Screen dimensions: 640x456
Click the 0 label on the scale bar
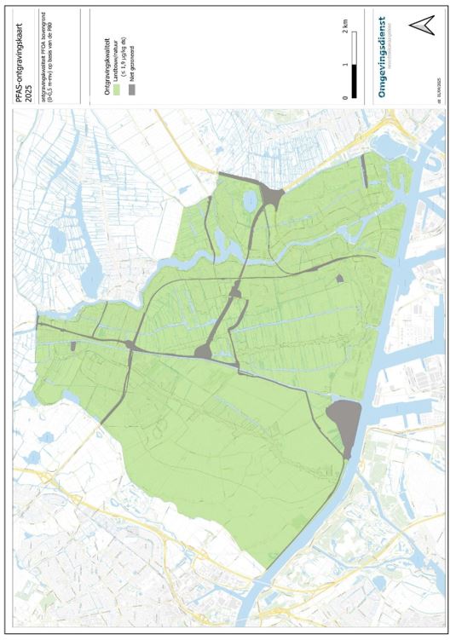point(344,97)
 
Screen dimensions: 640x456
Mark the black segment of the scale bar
point(353,80)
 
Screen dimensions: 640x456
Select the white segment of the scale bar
point(353,48)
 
